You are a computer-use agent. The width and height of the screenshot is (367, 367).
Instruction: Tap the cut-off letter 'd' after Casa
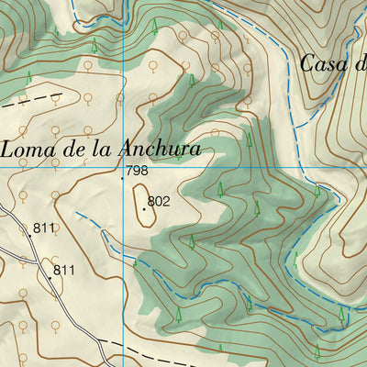361,63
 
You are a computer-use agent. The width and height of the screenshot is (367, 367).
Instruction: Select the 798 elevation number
137,171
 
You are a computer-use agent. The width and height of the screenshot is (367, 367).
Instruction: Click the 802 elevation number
159,200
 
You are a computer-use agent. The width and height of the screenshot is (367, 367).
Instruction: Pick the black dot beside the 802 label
144,208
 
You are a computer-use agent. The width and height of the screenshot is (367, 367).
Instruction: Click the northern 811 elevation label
44,228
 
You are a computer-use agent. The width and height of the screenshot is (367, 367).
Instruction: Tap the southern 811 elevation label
64,270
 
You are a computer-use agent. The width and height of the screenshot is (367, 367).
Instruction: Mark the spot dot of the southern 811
50,277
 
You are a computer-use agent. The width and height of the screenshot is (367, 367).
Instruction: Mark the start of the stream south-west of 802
77,215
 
